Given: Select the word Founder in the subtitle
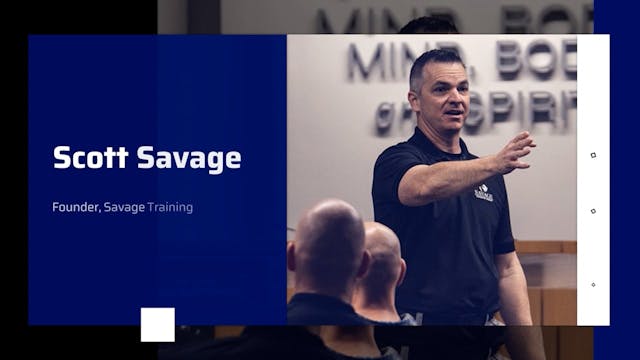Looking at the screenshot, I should (75, 208).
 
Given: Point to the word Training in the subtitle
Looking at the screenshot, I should (170, 208).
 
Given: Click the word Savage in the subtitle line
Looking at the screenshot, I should (124, 208).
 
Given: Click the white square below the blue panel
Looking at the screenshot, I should (157, 324).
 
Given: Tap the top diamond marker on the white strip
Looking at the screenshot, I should (593, 155).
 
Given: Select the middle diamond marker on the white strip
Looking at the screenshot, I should (593, 211).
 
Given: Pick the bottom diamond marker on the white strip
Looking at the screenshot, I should (593, 284).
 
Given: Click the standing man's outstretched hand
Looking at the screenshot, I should (515, 152).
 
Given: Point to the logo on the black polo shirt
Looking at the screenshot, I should (483, 194).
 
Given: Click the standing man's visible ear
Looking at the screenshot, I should (415, 94).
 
